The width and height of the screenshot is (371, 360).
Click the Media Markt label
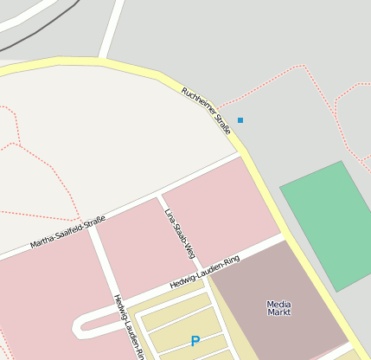coord(278,308)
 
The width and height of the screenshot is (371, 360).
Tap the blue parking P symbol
coord(195,341)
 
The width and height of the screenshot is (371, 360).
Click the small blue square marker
coord(240,119)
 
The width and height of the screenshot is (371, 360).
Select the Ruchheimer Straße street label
coord(207,111)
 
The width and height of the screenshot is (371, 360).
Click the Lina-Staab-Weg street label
coord(179,234)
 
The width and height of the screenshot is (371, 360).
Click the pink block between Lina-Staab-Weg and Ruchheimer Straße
coord(220,211)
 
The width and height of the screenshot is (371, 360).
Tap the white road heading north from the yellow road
coord(111,30)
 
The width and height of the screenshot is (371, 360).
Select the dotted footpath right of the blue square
coord(285,90)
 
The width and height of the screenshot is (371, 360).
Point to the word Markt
coord(278,312)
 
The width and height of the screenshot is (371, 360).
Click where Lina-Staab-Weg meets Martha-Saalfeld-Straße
coord(159,196)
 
